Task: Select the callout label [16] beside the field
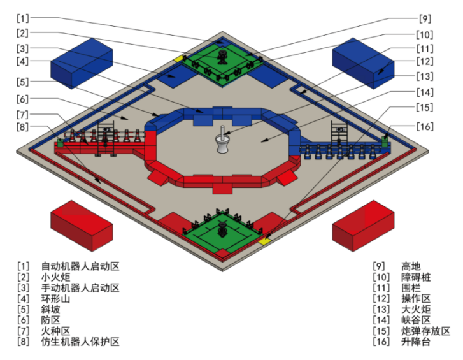pyautogui.click(x=425, y=126)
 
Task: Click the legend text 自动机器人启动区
pyautogui.click(x=80, y=266)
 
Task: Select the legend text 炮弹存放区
pyautogui.click(x=426, y=331)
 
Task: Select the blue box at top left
pyautogui.click(x=82, y=62)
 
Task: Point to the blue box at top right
pyautogui.click(x=364, y=62)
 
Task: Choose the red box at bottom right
pyautogui.click(x=363, y=225)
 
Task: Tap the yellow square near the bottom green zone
pyautogui.click(x=264, y=241)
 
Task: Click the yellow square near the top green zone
pyautogui.click(x=179, y=59)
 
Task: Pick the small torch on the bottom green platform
pyautogui.click(x=223, y=229)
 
